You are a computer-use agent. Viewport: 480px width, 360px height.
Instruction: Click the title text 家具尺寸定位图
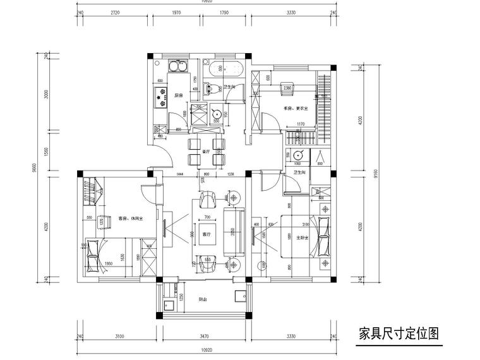tap(398, 333)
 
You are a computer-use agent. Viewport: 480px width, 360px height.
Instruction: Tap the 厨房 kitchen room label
tap(179, 95)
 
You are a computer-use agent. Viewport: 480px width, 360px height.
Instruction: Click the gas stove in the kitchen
tap(156, 96)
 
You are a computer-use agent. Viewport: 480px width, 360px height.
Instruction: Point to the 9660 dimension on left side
tap(35, 168)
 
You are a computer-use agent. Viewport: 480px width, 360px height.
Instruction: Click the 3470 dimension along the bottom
tap(204, 337)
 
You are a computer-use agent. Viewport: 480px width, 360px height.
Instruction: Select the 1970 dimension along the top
tap(176, 12)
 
